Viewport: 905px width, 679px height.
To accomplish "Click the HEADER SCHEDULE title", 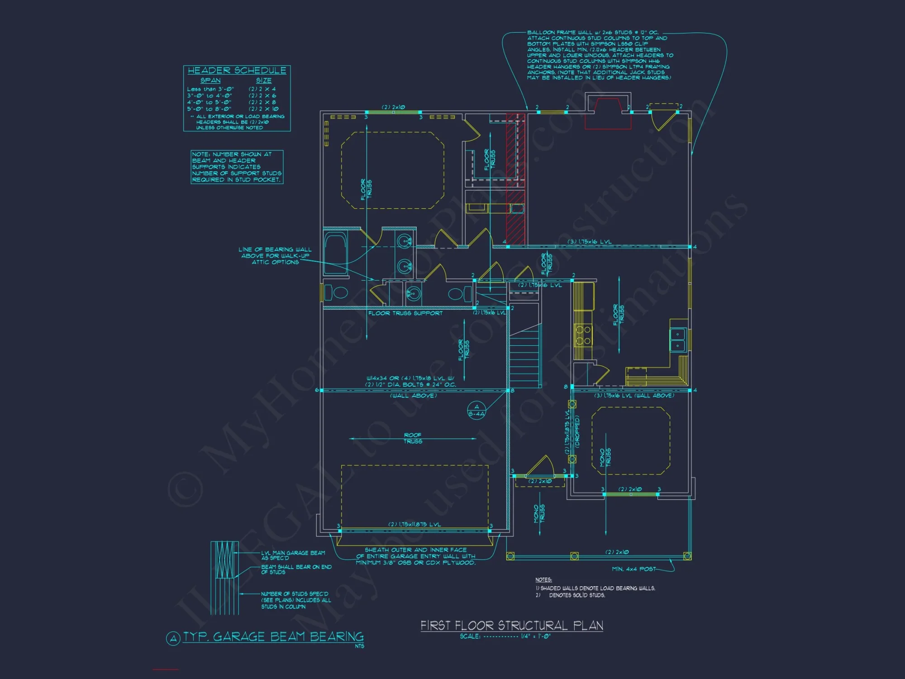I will pyautogui.click(x=237, y=71).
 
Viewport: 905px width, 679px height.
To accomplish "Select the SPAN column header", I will pyautogui.click(x=210, y=81).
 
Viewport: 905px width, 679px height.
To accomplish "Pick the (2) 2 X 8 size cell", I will pyautogui.click(x=262, y=102).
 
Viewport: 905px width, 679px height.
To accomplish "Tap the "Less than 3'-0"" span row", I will pyautogui.click(x=210, y=89).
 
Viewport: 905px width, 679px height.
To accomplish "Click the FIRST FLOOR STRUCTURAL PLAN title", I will pyautogui.click(x=512, y=626).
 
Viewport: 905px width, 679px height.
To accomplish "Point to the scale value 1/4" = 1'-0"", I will pyautogui.click(x=536, y=636).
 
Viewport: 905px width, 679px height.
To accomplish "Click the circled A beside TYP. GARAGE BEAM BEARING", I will pyautogui.click(x=173, y=639).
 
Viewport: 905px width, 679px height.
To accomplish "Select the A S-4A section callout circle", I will pyautogui.click(x=476, y=410).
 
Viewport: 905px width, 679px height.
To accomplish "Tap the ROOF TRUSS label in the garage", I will pyautogui.click(x=413, y=438).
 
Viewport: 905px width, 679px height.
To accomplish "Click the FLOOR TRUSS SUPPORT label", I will pyautogui.click(x=405, y=313).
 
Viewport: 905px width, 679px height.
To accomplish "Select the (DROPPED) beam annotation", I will pyautogui.click(x=577, y=432).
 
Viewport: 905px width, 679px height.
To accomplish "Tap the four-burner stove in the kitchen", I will pyautogui.click(x=583, y=335).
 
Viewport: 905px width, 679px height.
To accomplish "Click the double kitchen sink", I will pyautogui.click(x=677, y=339).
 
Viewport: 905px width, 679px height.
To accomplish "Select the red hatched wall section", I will pyautogui.click(x=515, y=179).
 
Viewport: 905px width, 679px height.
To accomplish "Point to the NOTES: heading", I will pyautogui.click(x=543, y=580).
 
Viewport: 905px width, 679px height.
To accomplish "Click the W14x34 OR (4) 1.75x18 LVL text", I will pyautogui.click(x=410, y=378).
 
